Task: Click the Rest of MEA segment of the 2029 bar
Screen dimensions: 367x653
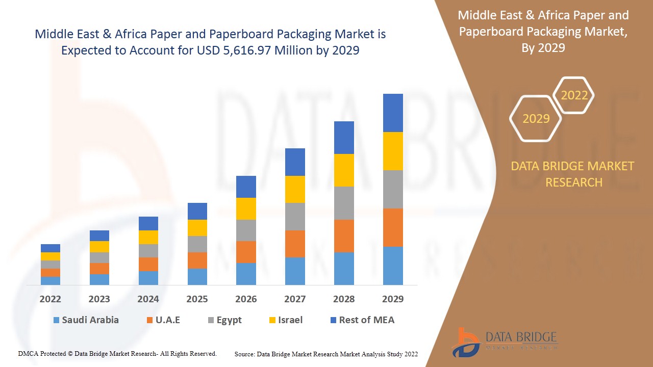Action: point(393,113)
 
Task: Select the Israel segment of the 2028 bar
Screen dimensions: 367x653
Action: point(344,170)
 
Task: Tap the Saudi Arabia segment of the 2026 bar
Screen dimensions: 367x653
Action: point(246,274)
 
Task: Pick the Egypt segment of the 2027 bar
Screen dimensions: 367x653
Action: point(295,217)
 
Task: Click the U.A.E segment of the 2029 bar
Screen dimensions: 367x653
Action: point(393,227)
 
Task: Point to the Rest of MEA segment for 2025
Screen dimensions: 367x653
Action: point(197,211)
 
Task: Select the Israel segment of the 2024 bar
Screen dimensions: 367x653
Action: point(148,237)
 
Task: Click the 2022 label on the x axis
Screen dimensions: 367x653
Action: point(50,299)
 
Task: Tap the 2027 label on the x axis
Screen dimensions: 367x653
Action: point(295,299)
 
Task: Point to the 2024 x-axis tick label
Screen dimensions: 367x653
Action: point(148,299)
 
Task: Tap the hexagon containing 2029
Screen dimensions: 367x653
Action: point(536,119)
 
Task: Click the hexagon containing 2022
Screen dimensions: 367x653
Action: point(574,95)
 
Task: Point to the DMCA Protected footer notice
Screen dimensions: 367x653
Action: point(117,353)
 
